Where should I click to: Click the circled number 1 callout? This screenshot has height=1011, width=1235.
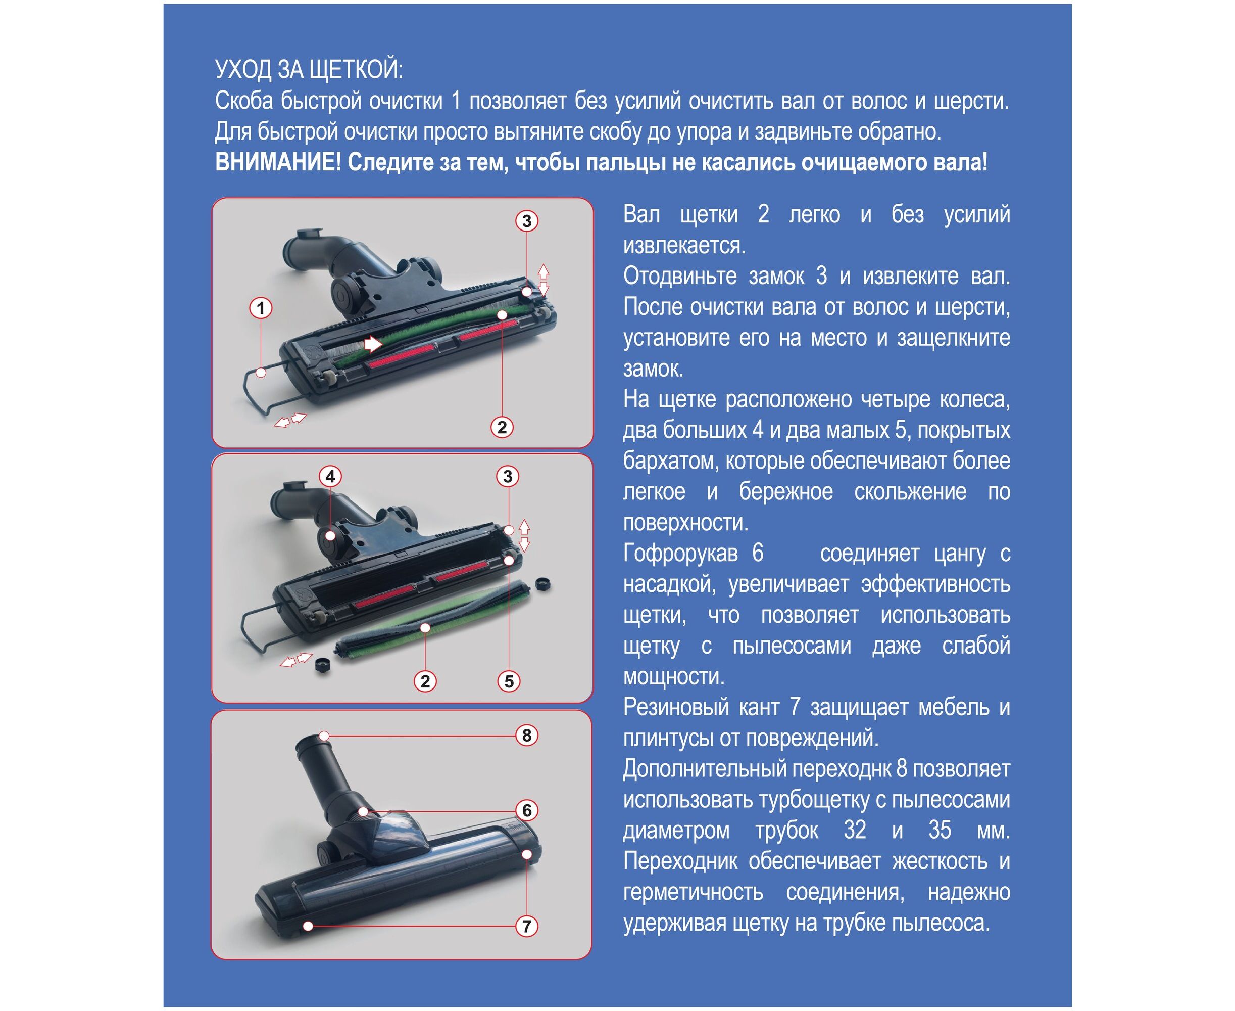(x=261, y=308)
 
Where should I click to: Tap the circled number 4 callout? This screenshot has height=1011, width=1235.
(x=330, y=476)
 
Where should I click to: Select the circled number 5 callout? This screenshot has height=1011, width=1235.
(x=509, y=681)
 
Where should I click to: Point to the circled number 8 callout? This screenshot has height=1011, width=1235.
(x=527, y=735)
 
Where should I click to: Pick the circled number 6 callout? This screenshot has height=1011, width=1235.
(x=527, y=810)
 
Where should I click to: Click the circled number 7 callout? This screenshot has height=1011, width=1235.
(x=527, y=926)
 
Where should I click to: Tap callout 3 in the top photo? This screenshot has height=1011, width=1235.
(x=527, y=221)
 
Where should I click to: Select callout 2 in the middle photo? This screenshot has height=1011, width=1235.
(x=425, y=681)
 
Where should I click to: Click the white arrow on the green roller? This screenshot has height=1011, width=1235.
(x=372, y=344)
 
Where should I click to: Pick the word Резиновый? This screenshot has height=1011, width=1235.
(x=676, y=708)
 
